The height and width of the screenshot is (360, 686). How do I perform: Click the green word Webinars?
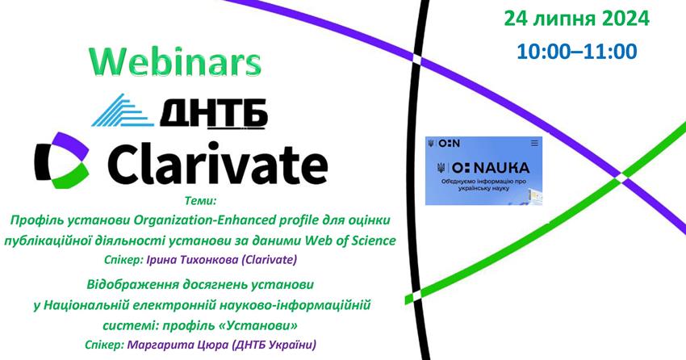point(175,61)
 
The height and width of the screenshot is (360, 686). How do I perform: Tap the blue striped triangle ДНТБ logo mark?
point(123,111)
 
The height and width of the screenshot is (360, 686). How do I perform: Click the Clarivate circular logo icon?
point(61,160)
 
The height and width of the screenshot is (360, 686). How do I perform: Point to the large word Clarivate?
point(217,162)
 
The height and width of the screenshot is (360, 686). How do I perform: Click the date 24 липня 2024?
point(576,19)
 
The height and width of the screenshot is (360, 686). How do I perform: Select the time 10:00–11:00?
point(576,51)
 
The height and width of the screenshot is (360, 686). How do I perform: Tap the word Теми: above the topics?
point(201,201)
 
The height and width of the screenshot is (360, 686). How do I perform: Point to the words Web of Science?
point(350,241)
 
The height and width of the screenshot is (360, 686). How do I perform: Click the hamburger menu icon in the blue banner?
point(534,143)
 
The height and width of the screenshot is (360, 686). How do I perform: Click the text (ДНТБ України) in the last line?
point(274,345)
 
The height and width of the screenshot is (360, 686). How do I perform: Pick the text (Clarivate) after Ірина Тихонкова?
point(269,259)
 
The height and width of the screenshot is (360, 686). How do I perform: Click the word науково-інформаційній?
point(294,305)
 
